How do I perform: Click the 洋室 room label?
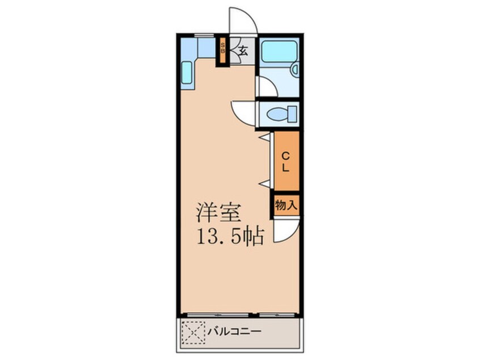click(220, 212)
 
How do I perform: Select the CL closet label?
click(286, 162)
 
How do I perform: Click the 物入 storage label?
click(286, 206)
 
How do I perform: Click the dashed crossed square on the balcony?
click(193, 331)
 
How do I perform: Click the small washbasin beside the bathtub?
click(294, 70)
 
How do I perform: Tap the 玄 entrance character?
click(243, 50)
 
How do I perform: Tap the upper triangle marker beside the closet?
click(264, 137)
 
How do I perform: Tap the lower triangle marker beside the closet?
click(264, 183)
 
